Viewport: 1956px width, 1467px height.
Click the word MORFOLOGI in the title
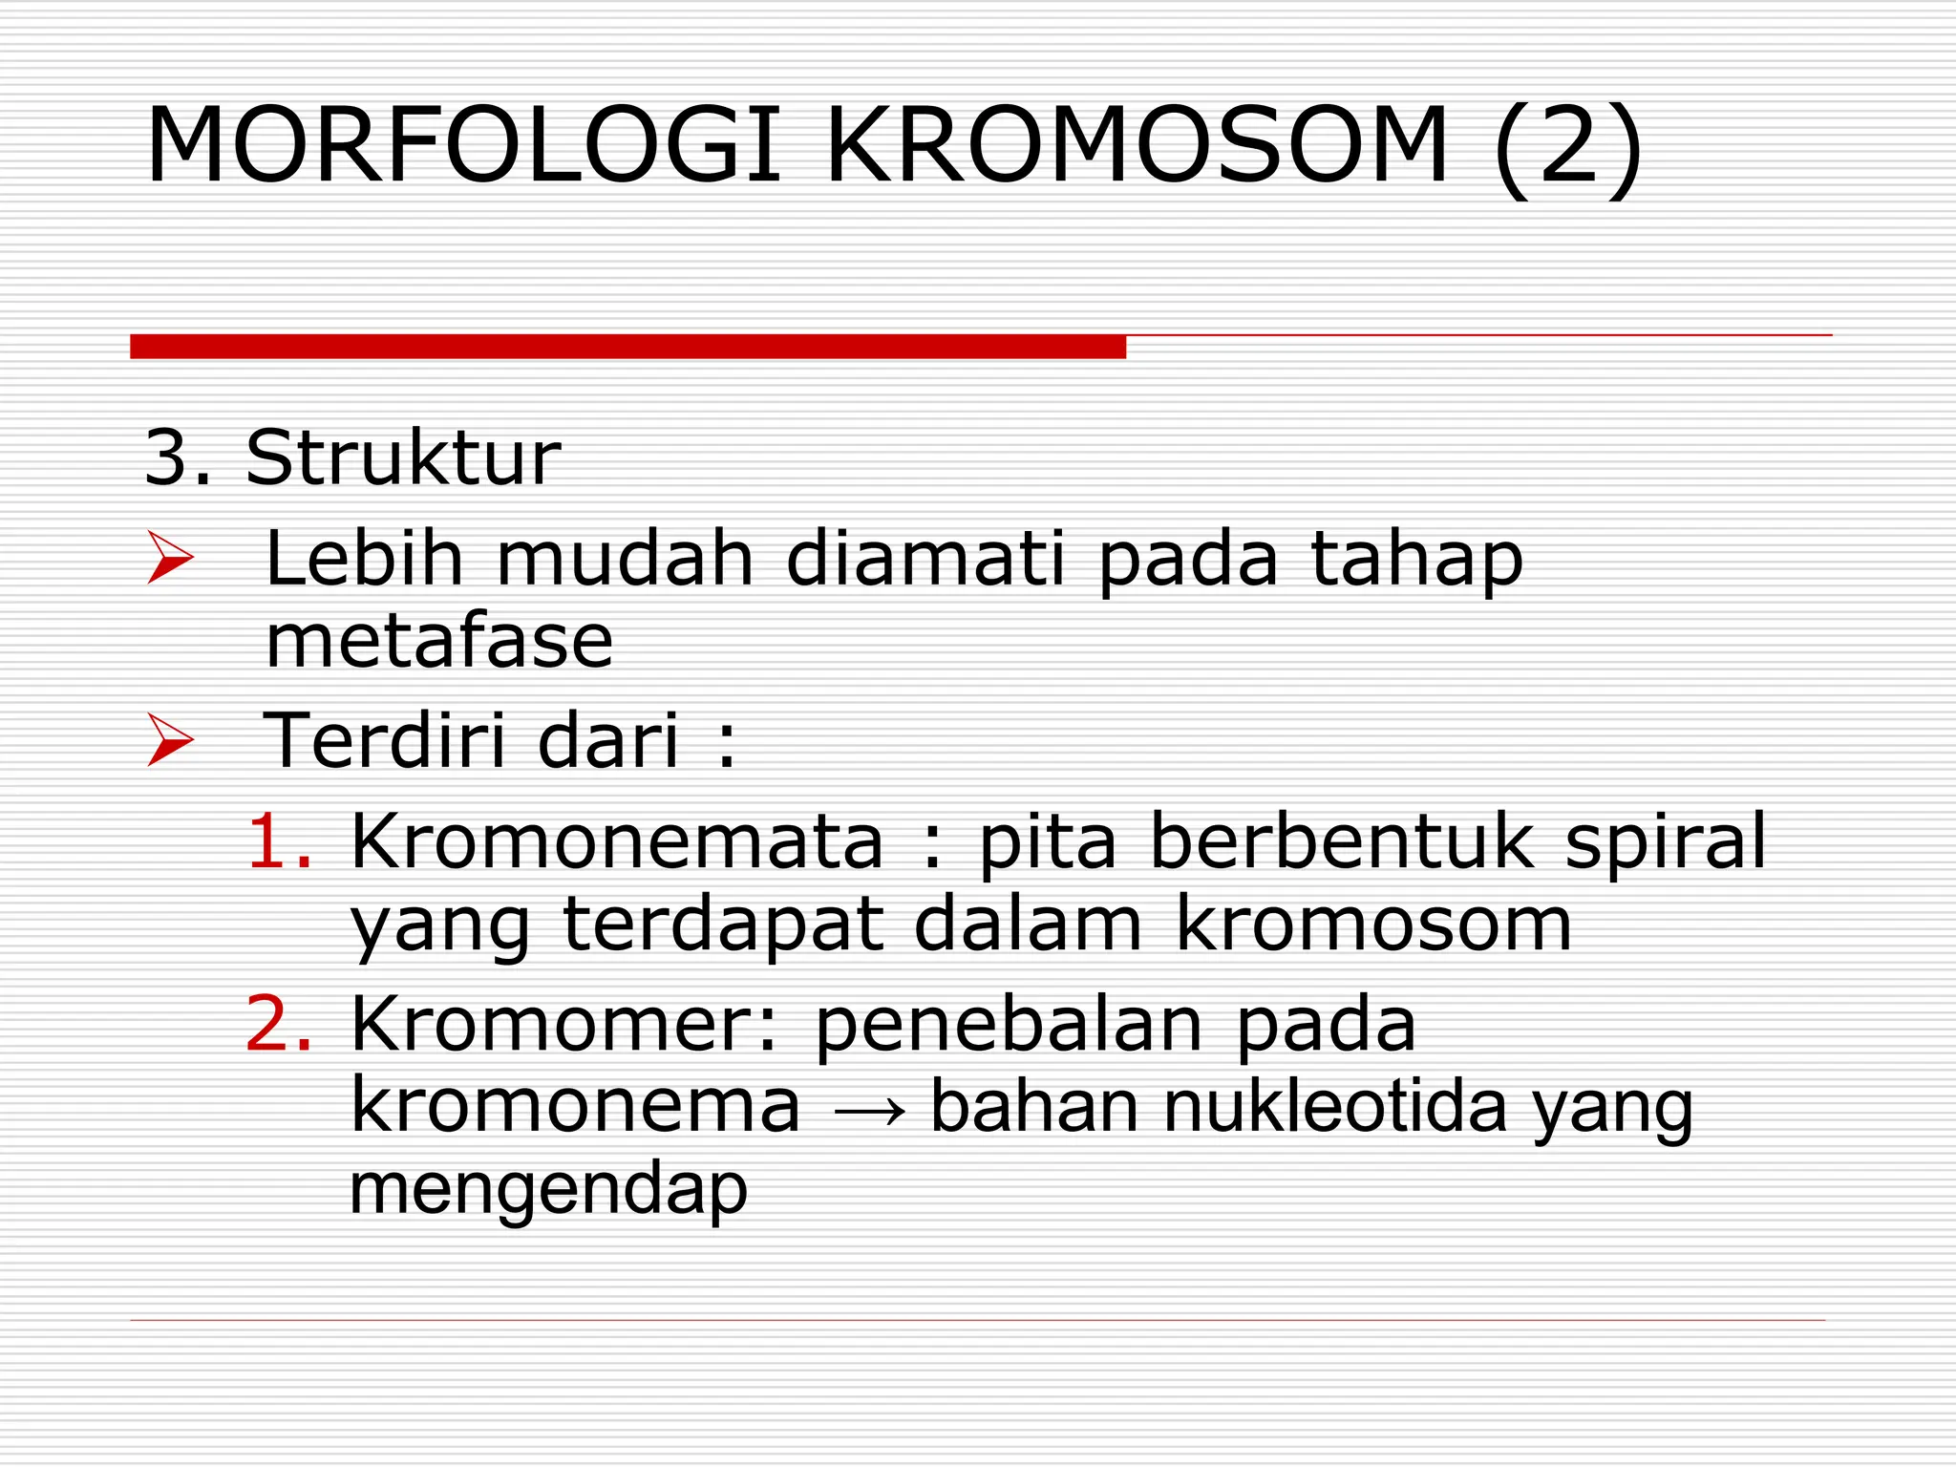(464, 146)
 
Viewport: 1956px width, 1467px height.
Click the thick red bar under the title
(627, 347)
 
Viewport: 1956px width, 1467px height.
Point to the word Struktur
(402, 458)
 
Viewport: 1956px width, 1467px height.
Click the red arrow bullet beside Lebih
(170, 560)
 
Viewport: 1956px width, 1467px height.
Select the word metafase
(438, 641)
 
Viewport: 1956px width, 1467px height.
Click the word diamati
(925, 558)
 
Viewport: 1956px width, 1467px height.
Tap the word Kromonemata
(617, 841)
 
